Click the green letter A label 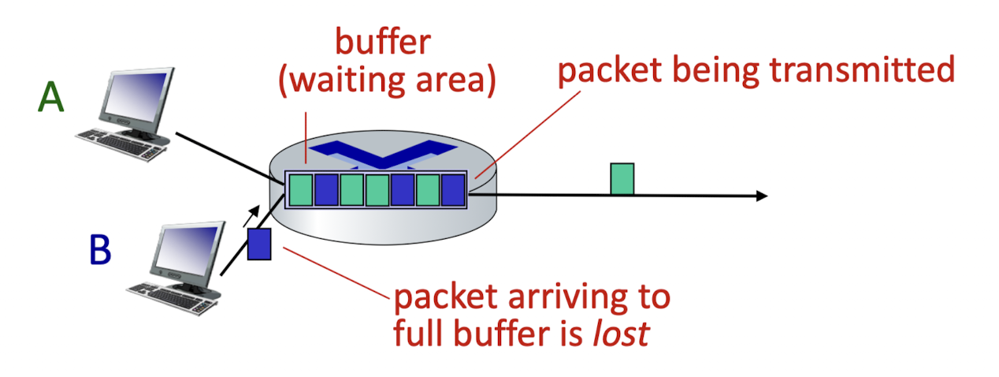[x=51, y=96]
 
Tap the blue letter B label [x=100, y=249]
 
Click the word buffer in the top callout [x=383, y=42]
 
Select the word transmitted [x=862, y=69]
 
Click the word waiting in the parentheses [x=349, y=80]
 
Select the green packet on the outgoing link [x=622, y=179]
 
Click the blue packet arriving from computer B [x=259, y=244]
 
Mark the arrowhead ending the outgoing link [x=762, y=196]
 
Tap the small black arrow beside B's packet [x=251, y=216]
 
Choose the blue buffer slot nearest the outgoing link [x=453, y=190]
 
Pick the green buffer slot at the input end [x=301, y=190]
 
